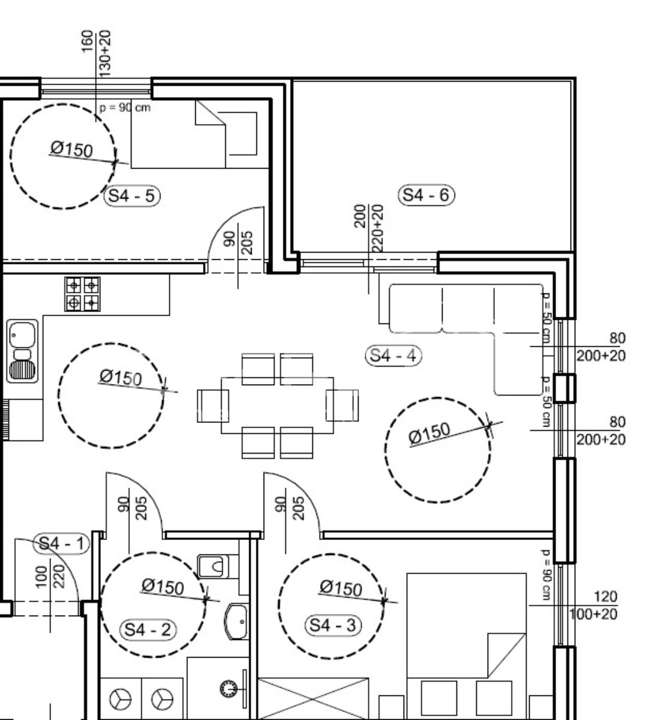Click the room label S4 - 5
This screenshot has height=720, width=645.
click(132, 196)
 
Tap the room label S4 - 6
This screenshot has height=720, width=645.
click(426, 195)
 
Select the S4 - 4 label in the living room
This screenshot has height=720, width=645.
click(393, 355)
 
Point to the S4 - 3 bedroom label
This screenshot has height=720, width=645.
click(333, 626)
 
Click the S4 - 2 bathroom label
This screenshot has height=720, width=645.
click(148, 630)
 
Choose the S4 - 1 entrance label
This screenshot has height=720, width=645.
click(62, 544)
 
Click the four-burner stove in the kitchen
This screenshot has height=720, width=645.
click(82, 294)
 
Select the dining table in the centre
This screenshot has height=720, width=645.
click(277, 405)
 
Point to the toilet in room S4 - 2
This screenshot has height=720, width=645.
click(213, 566)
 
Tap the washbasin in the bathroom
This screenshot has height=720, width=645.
click(237, 622)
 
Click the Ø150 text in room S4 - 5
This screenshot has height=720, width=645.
click(71, 148)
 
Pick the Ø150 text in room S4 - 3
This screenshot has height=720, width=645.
click(341, 587)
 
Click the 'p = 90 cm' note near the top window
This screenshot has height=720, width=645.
click(125, 108)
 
